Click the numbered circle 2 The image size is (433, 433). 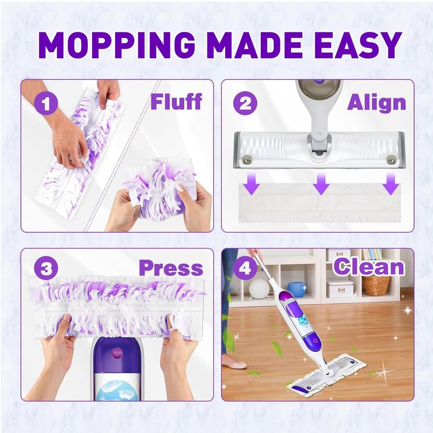[x=245, y=103]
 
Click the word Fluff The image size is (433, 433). [x=176, y=101]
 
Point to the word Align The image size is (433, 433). [x=376, y=102]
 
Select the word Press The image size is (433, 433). [x=170, y=268]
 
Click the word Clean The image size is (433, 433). [x=369, y=267]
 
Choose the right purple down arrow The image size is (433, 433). [x=390, y=186]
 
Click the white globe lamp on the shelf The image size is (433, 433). [x=259, y=288]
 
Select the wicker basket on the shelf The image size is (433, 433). [x=376, y=285]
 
